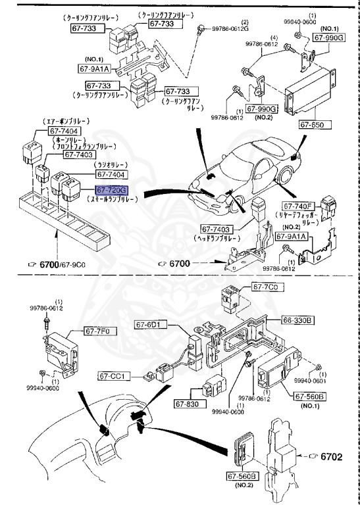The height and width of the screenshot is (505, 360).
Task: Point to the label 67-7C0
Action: click(x=266, y=288)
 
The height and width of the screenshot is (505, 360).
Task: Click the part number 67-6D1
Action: click(x=152, y=324)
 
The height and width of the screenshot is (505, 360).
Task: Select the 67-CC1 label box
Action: click(x=115, y=376)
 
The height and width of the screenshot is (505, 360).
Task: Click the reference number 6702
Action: click(x=336, y=454)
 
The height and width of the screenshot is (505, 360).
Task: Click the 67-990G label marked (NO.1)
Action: click(x=329, y=38)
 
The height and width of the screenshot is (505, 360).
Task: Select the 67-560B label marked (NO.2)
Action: click(x=242, y=475)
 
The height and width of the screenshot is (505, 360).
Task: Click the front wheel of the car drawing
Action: click(x=284, y=177)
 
